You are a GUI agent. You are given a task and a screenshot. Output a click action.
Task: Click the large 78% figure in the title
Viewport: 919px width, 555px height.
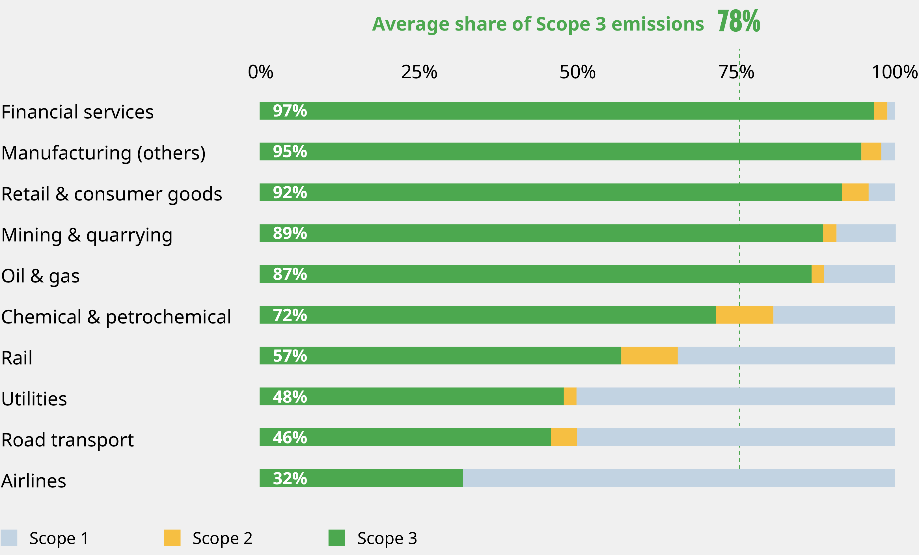(x=739, y=22)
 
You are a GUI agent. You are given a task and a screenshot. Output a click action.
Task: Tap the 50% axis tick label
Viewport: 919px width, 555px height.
(x=577, y=72)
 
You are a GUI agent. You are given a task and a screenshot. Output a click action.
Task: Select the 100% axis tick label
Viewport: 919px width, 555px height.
(x=894, y=72)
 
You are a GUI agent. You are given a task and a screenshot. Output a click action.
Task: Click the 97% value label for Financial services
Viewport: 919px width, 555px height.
(x=290, y=111)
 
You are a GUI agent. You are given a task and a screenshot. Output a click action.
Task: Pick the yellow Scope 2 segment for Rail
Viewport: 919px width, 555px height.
(x=649, y=355)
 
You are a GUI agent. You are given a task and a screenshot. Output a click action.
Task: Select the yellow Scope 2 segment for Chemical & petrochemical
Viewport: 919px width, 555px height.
(x=745, y=315)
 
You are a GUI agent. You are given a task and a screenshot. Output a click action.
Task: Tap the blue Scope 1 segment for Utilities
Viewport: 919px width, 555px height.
(x=735, y=396)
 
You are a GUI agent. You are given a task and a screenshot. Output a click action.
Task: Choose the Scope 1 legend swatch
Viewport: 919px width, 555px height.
(x=9, y=538)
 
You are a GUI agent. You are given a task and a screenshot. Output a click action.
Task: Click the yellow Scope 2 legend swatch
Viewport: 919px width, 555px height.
(x=172, y=538)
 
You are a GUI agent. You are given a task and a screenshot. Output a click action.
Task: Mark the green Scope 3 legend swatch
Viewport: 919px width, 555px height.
(x=337, y=538)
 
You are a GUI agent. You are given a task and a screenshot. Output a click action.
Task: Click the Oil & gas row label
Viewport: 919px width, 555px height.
(x=40, y=276)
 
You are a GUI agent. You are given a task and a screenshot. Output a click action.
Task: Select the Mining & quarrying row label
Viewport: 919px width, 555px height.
(x=87, y=235)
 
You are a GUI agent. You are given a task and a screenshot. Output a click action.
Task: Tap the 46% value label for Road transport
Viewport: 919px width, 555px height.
(x=290, y=437)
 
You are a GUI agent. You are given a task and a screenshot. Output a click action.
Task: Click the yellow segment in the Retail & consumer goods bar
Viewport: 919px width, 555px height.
(x=855, y=193)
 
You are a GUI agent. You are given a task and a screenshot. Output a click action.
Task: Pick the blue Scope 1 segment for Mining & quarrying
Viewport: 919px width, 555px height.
(x=866, y=233)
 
